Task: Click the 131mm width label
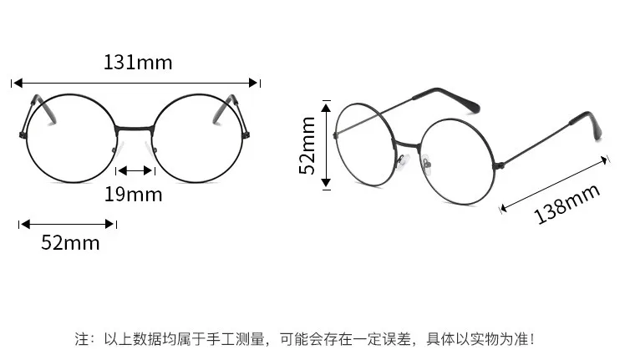[138, 62]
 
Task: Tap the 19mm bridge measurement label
[134, 195]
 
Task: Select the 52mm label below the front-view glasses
[70, 243]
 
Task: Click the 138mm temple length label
[567, 204]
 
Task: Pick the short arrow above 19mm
[135, 171]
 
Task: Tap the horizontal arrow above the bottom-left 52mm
[68, 224]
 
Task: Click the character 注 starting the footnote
[82, 340]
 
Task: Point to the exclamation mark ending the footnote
[532, 340]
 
